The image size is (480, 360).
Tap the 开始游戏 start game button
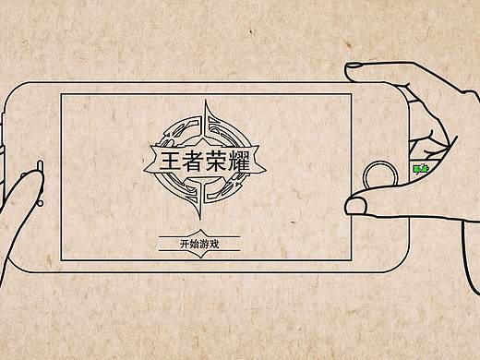(198, 245)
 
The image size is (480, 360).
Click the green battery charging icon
(420, 169)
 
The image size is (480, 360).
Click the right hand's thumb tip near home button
(355, 205)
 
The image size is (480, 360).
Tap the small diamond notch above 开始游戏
(198, 233)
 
